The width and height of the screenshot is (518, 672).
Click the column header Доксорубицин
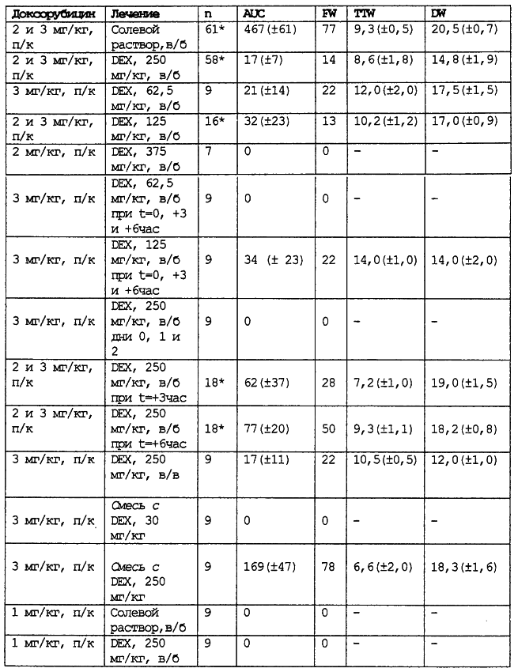click(x=54, y=15)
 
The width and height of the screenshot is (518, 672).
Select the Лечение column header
click(x=135, y=15)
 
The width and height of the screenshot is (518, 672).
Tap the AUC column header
click(x=254, y=15)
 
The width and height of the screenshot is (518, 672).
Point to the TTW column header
click(x=364, y=15)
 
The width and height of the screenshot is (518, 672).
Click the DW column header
click(x=437, y=15)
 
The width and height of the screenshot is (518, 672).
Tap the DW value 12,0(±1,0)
click(x=465, y=461)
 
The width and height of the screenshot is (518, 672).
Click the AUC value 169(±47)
click(x=274, y=565)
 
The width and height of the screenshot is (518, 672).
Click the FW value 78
click(x=328, y=565)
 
